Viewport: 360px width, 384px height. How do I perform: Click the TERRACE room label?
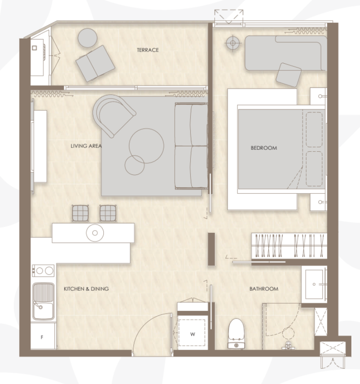148,50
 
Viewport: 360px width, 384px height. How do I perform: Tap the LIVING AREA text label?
86,146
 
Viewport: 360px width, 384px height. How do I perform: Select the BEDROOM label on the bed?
263,148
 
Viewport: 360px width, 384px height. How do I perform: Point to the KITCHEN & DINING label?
86,289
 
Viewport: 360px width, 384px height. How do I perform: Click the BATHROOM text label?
263,289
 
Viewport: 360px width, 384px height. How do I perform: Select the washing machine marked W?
192,334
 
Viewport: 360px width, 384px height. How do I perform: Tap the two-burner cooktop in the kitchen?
43,271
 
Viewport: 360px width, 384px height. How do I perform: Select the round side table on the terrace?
88,38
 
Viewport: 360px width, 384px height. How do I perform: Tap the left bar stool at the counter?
81,213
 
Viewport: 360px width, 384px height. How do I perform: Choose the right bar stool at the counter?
108,213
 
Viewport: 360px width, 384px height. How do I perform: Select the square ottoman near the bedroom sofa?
288,74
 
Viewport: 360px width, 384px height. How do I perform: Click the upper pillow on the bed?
314,130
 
